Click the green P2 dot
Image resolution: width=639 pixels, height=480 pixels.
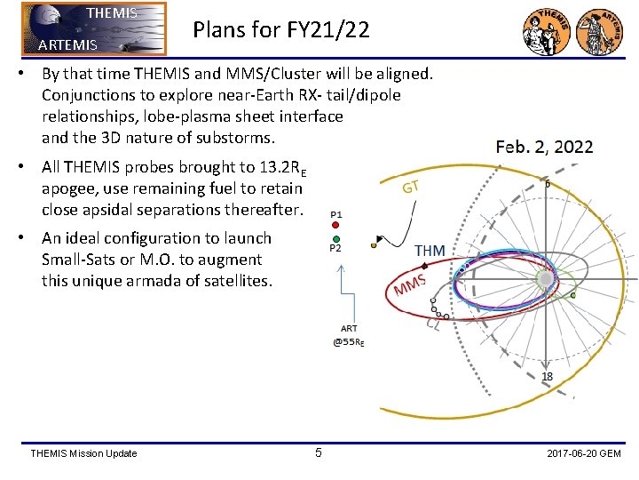335,239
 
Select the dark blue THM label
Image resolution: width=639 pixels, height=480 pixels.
430,252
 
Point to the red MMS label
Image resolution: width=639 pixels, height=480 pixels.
410,287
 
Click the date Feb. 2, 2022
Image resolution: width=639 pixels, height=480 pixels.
544,147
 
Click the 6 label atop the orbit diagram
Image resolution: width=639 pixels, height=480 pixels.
548,184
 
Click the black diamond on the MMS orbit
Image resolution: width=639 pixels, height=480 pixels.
426,267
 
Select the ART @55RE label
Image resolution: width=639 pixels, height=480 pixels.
349,335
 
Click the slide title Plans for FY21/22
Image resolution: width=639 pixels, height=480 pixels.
281,30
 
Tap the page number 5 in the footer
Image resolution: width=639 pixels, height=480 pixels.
319,453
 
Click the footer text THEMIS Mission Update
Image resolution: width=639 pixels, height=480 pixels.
83,454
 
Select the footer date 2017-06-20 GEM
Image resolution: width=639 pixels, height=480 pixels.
584,454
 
